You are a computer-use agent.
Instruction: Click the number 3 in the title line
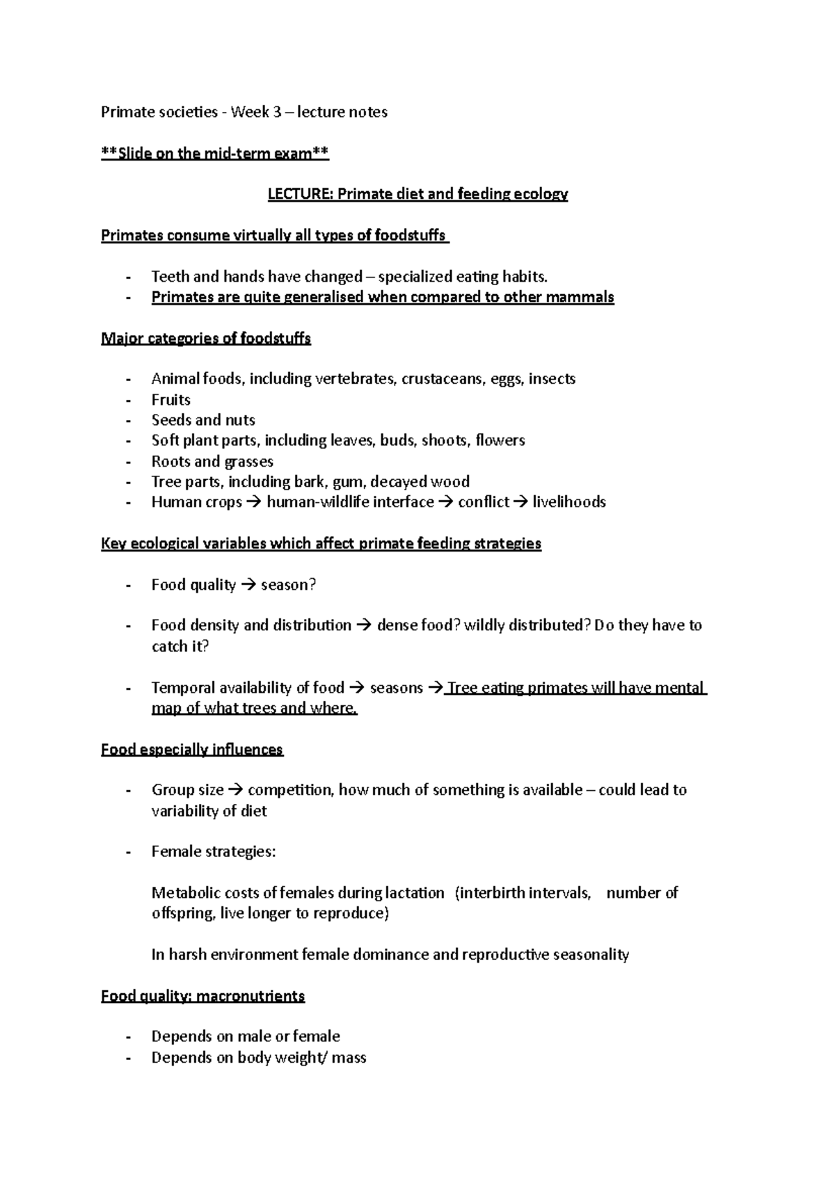pyautogui.click(x=277, y=112)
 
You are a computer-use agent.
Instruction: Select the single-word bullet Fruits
pyautogui.click(x=171, y=400)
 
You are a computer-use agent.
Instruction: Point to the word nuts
pyautogui.click(x=240, y=420)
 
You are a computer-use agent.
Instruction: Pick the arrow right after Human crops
pyautogui.click(x=254, y=502)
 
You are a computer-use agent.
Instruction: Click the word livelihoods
pyautogui.click(x=569, y=502)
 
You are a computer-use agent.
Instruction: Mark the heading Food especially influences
pyautogui.click(x=192, y=750)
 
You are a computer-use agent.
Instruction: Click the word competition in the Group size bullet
pyautogui.click(x=290, y=790)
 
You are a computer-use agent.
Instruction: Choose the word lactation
pyautogui.click(x=416, y=893)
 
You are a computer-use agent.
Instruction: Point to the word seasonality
pyautogui.click(x=591, y=955)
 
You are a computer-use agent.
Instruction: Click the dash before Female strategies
pyautogui.click(x=128, y=852)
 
